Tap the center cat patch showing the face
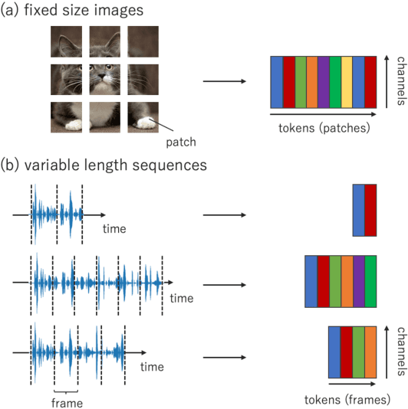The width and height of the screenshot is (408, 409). click(x=104, y=79)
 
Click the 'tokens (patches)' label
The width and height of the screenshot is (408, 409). click(x=324, y=126)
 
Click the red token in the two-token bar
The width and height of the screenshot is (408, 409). click(x=370, y=210)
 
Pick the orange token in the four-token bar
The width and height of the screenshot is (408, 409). click(x=370, y=352)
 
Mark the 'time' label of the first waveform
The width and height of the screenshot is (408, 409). click(x=114, y=228)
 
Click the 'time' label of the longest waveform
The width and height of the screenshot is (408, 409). click(x=181, y=297)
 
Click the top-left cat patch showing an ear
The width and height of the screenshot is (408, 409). click(x=67, y=41)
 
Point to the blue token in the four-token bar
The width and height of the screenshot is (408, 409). click(x=334, y=352)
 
